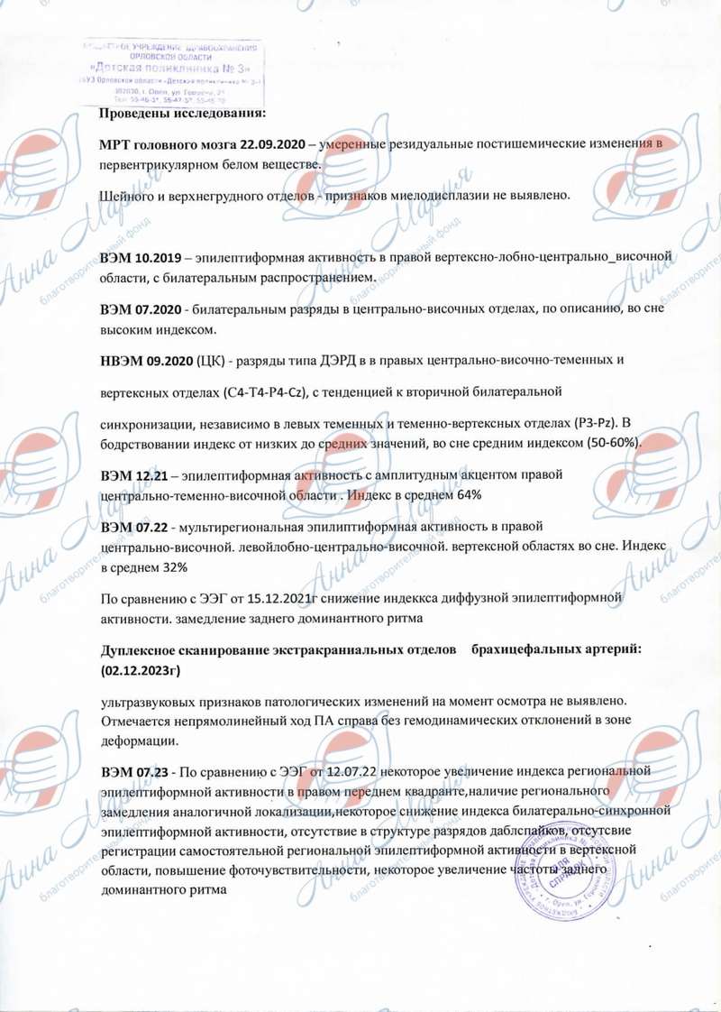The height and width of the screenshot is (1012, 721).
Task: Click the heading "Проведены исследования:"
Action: (x=182, y=113)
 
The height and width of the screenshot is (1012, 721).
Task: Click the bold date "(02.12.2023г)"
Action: (x=149, y=669)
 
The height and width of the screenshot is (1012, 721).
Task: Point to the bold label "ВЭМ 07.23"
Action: (x=138, y=772)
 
